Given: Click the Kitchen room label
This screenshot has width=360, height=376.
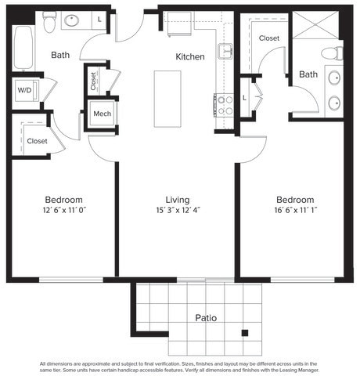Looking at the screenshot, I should tap(190, 56).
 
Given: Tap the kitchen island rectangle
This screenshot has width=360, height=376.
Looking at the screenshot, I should tap(167, 99).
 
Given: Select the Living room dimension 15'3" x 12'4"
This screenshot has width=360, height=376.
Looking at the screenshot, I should tap(177, 210).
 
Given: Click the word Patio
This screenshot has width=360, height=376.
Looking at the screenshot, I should tap(206, 318).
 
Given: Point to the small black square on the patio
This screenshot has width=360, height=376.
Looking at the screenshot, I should tap(245, 332).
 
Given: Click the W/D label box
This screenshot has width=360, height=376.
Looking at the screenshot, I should tap(24, 89).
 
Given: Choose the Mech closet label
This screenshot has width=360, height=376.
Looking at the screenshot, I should tap(102, 114).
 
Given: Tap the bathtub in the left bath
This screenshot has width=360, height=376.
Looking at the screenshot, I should tap(23, 48).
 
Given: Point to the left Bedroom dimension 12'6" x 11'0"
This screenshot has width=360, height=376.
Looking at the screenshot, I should tap(63, 210).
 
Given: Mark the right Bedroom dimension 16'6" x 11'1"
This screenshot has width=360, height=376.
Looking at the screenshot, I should tap(295, 210).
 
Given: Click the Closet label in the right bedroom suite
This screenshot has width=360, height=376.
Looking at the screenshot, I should tap(269, 38).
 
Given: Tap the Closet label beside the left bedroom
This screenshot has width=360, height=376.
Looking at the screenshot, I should tap(37, 141).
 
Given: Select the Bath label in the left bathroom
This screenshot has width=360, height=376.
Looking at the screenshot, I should tap(61, 55).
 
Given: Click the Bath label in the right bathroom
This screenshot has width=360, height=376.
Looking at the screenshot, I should tap(308, 74).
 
